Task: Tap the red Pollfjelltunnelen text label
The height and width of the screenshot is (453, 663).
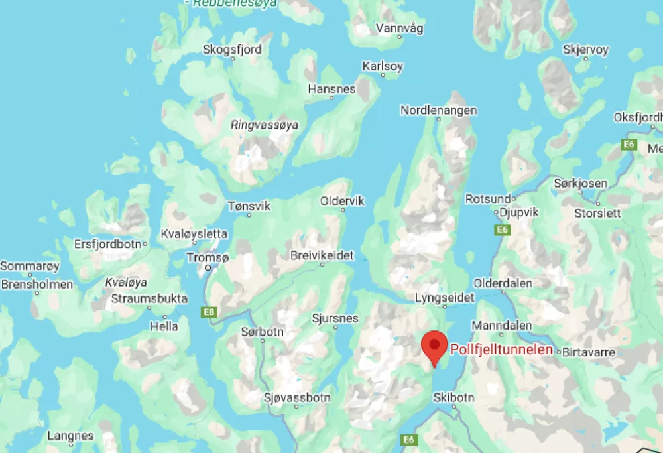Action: [501, 350]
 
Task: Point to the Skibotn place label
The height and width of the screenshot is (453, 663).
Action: [453, 398]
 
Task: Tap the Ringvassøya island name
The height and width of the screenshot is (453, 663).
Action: [264, 125]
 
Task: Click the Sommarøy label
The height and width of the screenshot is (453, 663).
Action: [30, 267]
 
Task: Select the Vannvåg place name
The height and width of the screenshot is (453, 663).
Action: [399, 28]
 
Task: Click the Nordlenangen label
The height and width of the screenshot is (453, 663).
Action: [438, 111]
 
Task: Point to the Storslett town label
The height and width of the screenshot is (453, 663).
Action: [597, 213]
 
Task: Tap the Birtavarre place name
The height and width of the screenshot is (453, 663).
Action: [588, 352]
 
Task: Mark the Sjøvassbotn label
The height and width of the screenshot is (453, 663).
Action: [297, 398]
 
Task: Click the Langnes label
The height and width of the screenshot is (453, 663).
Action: [70, 436]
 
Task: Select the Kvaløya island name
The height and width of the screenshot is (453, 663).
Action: [126, 283]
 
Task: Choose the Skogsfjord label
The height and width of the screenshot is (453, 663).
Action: [232, 50]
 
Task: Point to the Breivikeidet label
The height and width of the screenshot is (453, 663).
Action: [322, 255]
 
